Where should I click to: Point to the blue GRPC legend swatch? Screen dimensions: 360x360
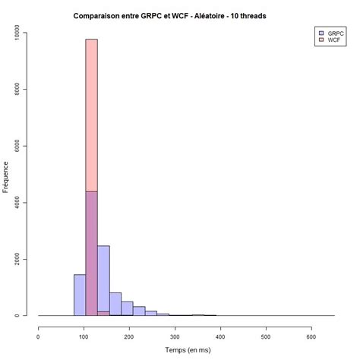point(321,33)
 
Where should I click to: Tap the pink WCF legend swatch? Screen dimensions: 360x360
point(321,40)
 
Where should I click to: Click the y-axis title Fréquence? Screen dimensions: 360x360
point(7,175)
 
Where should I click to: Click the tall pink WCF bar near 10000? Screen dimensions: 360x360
point(91,114)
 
